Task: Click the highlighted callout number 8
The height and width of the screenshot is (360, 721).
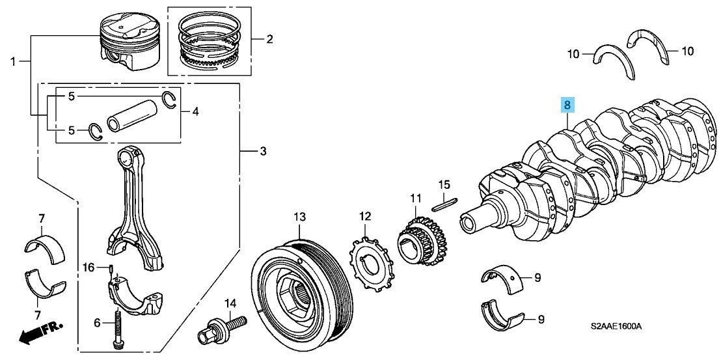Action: click(567, 105)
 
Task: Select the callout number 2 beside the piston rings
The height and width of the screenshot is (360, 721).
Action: click(269, 39)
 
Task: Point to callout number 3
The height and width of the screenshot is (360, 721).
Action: click(262, 152)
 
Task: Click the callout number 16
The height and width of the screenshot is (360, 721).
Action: click(88, 267)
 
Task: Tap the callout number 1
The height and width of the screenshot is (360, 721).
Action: click(12, 61)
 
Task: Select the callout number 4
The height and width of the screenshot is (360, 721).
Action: click(195, 112)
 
